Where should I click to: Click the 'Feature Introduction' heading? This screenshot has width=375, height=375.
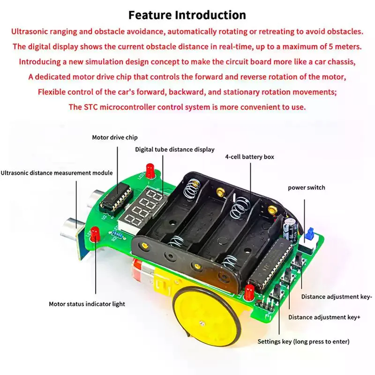tap(187, 15)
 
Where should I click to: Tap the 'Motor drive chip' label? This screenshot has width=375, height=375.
tap(115, 137)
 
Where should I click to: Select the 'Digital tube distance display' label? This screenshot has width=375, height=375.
tap(175, 149)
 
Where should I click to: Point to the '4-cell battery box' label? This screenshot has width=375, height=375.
tap(249, 157)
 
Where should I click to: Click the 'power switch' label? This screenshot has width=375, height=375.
tap(306, 187)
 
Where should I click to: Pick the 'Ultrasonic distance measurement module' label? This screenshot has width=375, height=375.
tap(57, 172)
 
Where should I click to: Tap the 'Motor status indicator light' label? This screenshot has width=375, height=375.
tap(87, 304)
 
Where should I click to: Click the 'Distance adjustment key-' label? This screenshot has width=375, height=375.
tap(337, 296)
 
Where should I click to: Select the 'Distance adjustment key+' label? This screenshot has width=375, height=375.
tap(324, 317)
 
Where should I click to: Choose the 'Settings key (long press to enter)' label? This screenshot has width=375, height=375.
tap(304, 341)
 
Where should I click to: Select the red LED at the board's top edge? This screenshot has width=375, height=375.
tap(150, 170)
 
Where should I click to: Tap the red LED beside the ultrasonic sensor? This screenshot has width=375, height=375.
tap(95, 233)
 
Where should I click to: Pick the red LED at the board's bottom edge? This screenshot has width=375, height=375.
tap(249, 292)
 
